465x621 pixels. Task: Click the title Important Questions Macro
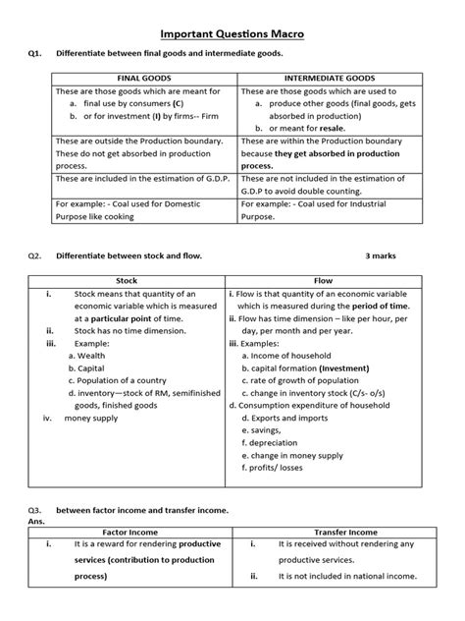[232, 33]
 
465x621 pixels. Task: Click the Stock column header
[127, 280]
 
